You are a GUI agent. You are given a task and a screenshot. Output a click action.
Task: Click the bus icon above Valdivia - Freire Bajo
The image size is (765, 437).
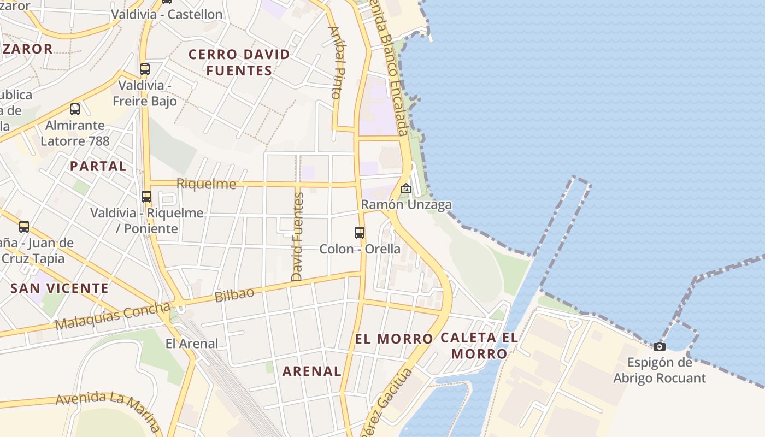pos(145,69)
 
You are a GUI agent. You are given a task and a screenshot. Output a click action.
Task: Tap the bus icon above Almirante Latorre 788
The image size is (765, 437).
pos(75,109)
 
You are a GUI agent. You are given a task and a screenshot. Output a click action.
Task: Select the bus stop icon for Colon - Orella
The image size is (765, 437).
pos(360,233)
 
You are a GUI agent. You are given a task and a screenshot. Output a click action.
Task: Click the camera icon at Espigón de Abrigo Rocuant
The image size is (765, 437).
pos(660,346)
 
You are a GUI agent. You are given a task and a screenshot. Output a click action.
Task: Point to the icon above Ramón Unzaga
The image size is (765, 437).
pos(406,188)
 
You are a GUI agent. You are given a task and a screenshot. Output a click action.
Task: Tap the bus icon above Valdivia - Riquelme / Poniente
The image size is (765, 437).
pos(146,197)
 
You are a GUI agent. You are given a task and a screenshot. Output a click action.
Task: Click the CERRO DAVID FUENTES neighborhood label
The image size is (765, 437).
pos(239,62)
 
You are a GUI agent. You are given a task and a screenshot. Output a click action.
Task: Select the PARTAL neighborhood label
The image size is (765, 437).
pos(98,166)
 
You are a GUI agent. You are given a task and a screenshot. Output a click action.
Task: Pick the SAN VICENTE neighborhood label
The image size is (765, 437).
pos(60,288)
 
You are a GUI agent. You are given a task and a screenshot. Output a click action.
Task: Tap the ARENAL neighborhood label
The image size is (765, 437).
pos(311,371)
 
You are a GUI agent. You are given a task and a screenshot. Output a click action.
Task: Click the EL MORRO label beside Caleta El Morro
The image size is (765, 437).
pos(393,339)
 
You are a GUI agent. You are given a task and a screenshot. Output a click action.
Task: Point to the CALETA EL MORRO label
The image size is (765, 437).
pos(479,345)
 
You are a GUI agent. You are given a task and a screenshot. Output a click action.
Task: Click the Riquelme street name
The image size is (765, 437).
pos(207,184)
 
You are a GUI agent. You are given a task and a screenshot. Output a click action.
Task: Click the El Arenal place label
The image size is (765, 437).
pos(192,344)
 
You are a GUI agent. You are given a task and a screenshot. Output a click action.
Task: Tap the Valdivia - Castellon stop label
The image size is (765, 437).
pos(167,14)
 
